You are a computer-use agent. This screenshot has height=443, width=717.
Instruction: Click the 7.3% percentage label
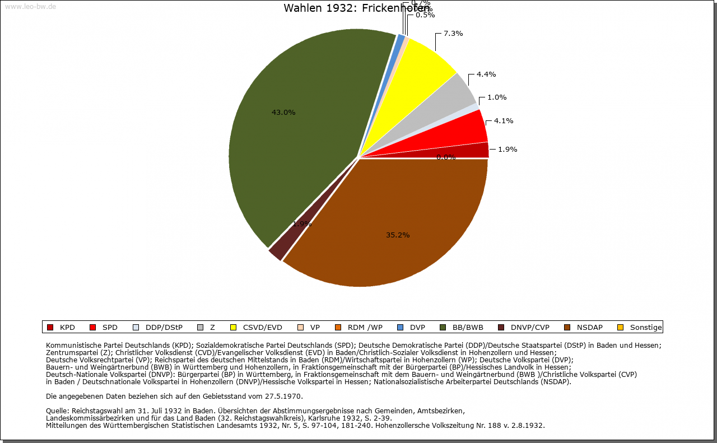click(x=453, y=34)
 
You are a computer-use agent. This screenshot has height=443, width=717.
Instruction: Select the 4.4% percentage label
click(x=486, y=74)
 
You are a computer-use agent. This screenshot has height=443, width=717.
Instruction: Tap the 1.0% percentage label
click(x=497, y=97)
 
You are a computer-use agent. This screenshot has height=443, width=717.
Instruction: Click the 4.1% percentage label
click(x=504, y=121)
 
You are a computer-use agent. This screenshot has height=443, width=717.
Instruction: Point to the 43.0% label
click(x=283, y=113)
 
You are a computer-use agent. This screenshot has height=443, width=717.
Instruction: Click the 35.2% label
click(x=398, y=235)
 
